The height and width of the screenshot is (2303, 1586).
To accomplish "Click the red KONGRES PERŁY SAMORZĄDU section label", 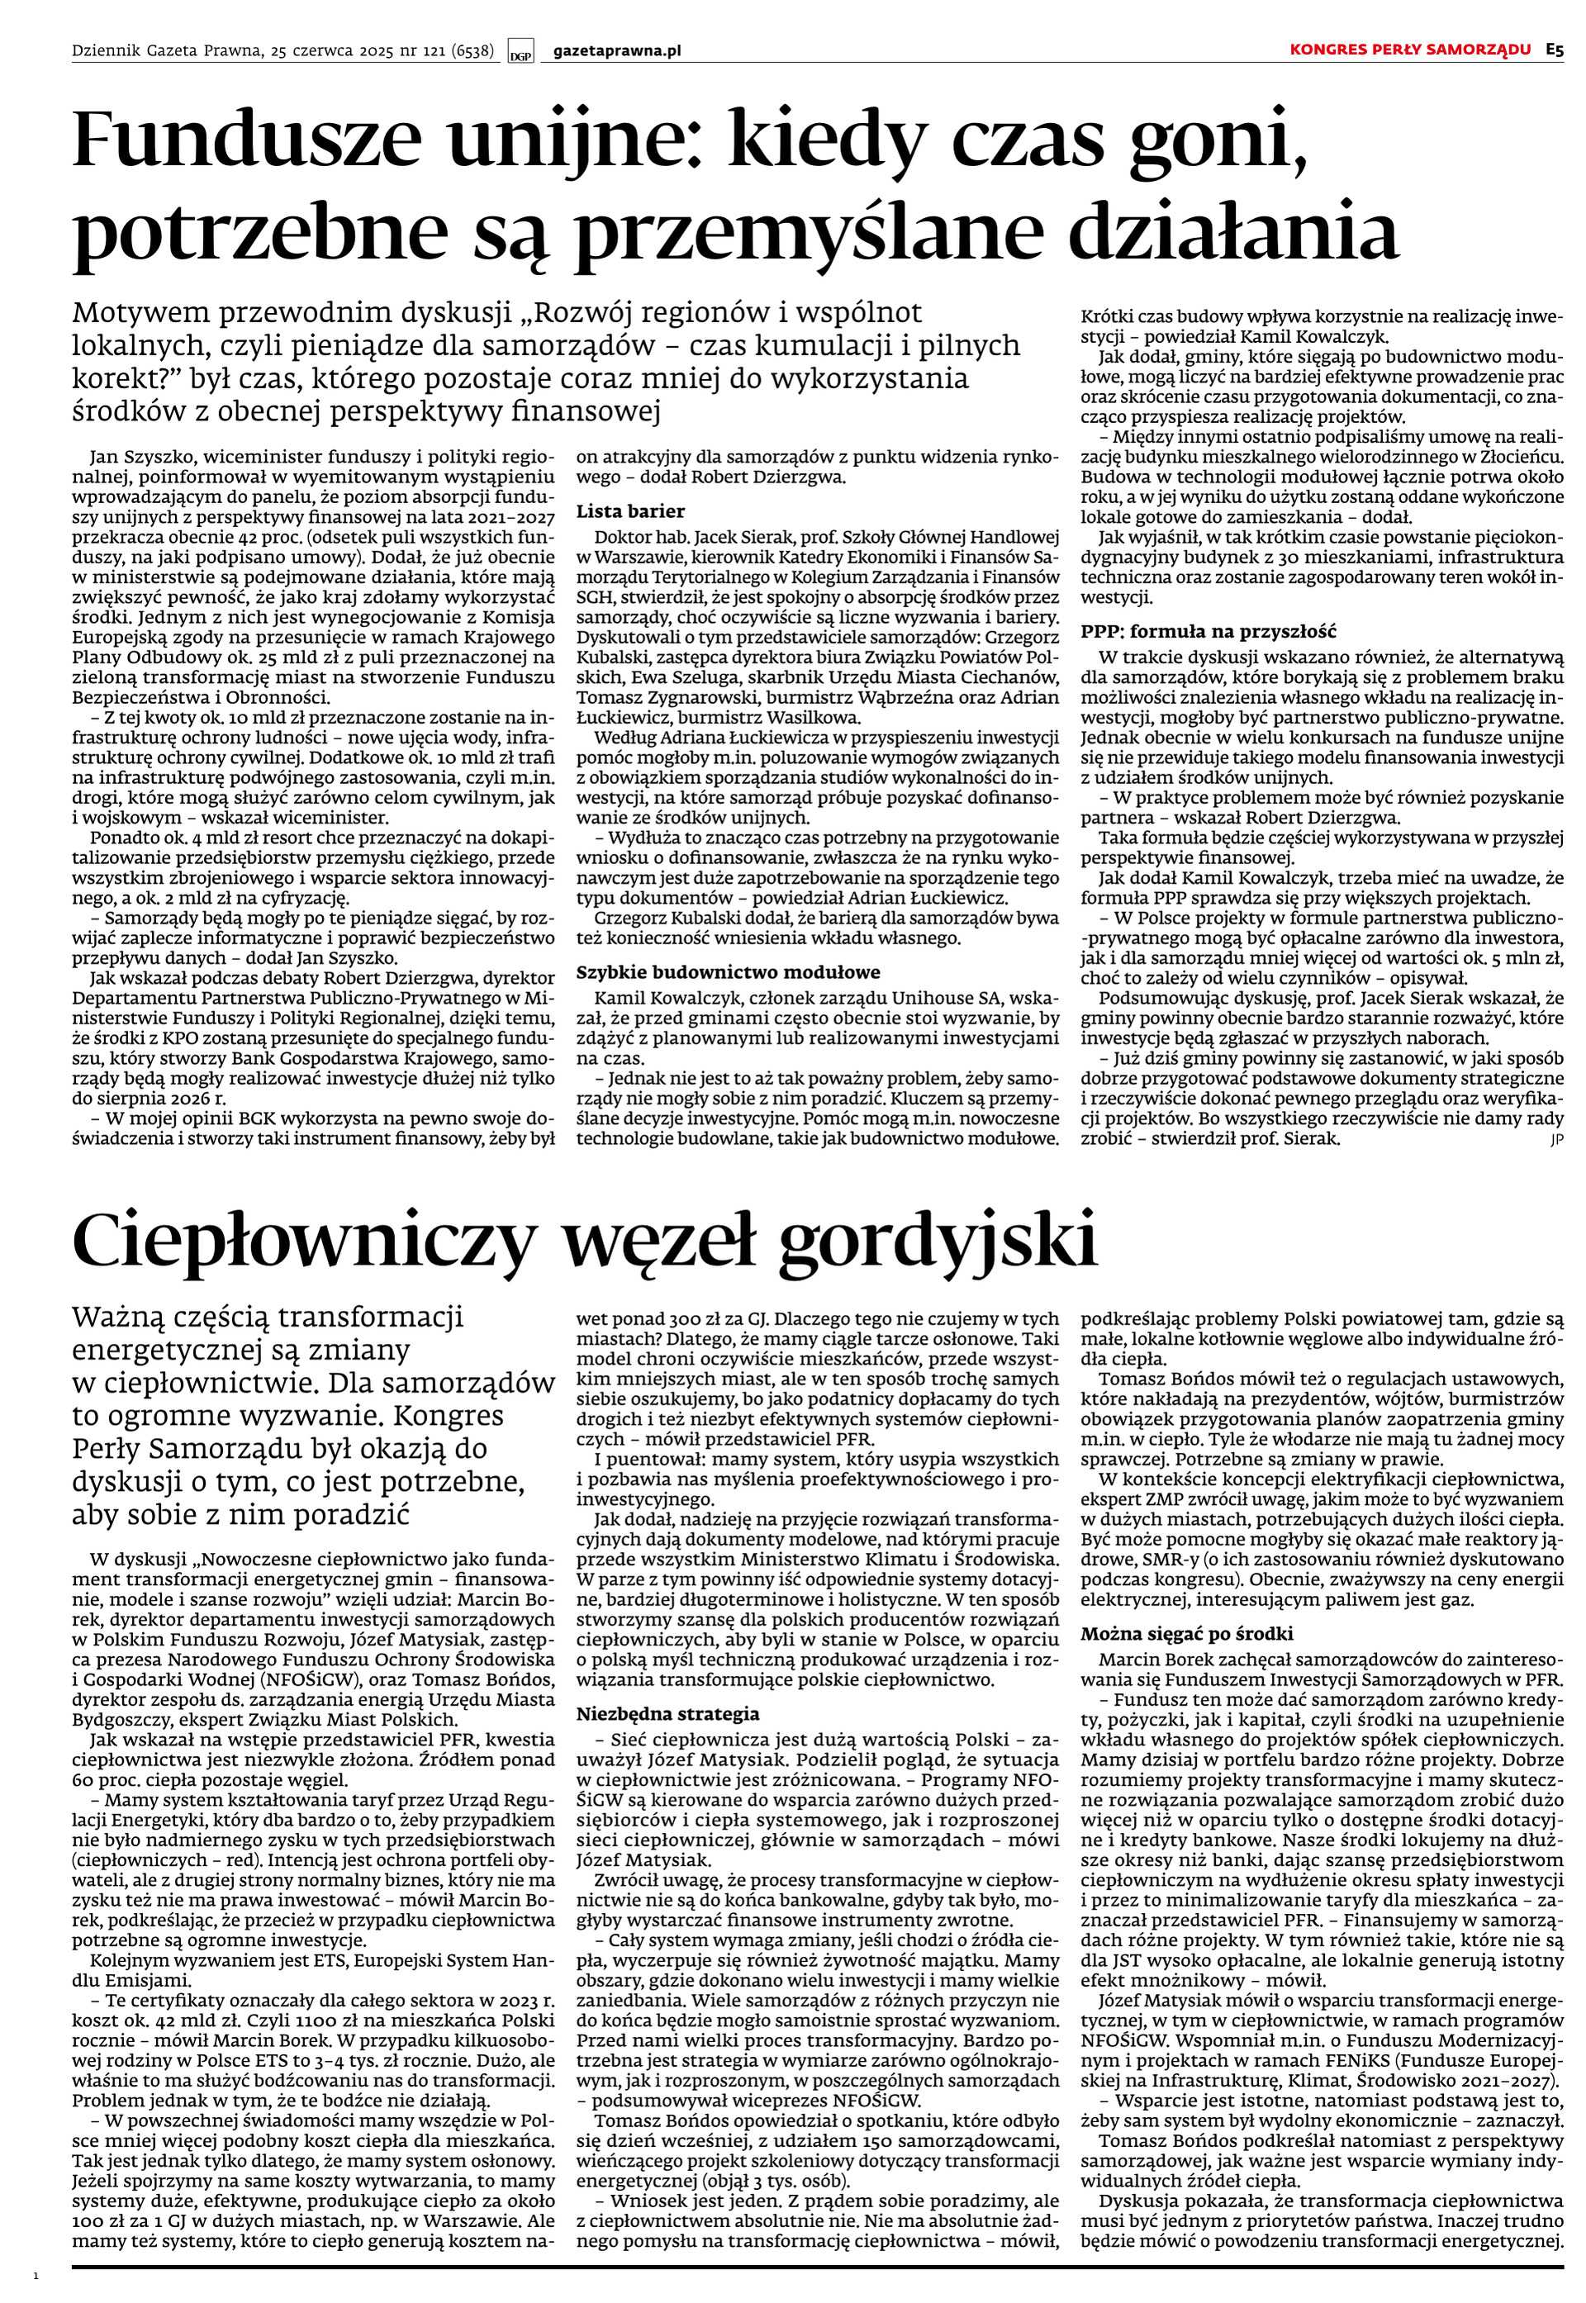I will pos(1410,50).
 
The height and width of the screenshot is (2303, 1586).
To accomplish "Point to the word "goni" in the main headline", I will pos(1224,141).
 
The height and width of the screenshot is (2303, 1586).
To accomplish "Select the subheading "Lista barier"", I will pos(631,511).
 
